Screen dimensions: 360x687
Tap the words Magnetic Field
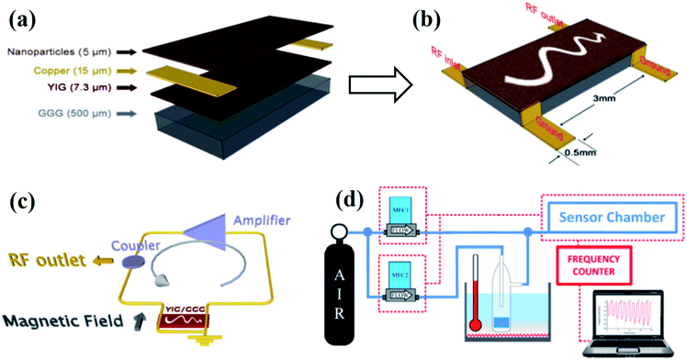coord(74,321)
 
